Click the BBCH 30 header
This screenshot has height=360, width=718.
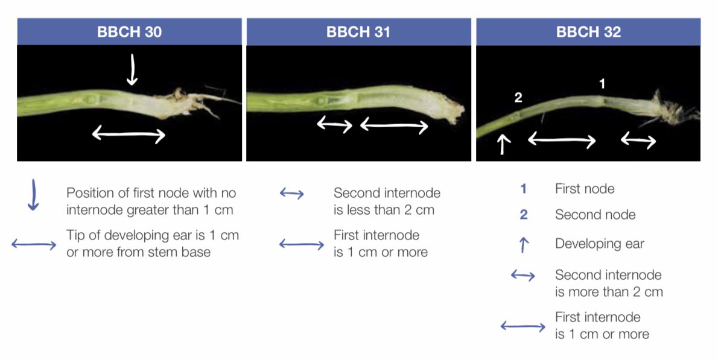[x=129, y=32]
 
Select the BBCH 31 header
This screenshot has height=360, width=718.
[x=358, y=32]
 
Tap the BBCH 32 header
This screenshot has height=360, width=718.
[x=588, y=32]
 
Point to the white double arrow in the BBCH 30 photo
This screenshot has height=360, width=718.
[x=129, y=135]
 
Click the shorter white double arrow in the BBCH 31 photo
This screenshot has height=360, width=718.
[x=335, y=125]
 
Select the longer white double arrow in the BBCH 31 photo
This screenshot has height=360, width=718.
[x=394, y=126]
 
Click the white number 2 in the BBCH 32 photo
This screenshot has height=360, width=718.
[x=518, y=98]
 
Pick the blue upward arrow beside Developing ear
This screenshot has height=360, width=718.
[x=523, y=244]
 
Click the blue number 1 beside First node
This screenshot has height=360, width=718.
[x=523, y=189]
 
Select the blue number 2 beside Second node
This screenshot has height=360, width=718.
[x=523, y=215]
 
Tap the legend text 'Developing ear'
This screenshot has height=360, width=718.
[x=599, y=244]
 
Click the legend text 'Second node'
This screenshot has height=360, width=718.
[x=595, y=215]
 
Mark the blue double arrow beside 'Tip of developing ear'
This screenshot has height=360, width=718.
[x=34, y=244]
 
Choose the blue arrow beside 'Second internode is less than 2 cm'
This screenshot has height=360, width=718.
[x=292, y=194]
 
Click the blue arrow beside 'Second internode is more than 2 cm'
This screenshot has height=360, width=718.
[x=523, y=276]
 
